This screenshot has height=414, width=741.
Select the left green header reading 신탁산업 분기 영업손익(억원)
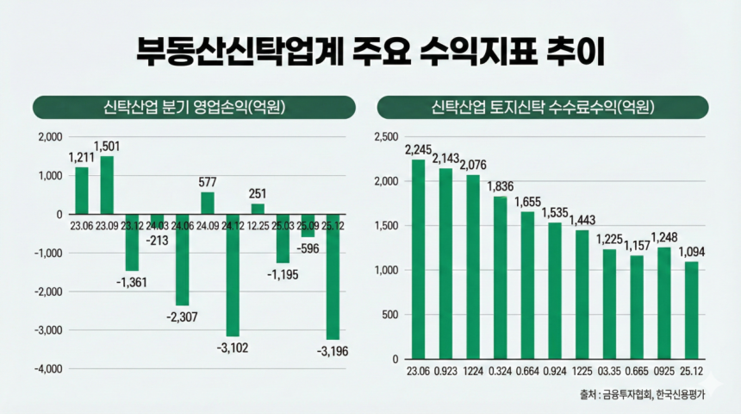pyautogui.click(x=194, y=107)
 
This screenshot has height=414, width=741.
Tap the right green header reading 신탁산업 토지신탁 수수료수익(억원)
pyautogui.click(x=543, y=107)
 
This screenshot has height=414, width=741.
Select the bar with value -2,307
pyautogui.click(x=182, y=259)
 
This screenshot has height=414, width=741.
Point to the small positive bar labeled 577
pyautogui.click(x=208, y=203)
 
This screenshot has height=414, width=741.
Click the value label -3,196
pyautogui.click(x=333, y=351)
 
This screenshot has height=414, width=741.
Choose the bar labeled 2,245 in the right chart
pyautogui.click(x=419, y=259)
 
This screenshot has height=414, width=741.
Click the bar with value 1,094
pyautogui.click(x=691, y=310)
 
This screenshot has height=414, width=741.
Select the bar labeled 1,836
pyautogui.click(x=501, y=277)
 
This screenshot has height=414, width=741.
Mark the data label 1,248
pyautogui.click(x=663, y=237)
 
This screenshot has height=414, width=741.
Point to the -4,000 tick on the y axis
pyautogui.click(x=50, y=368)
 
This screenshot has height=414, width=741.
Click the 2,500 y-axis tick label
pyautogui.click(x=385, y=137)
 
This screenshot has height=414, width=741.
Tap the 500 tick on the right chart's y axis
pyautogui.click(x=390, y=314)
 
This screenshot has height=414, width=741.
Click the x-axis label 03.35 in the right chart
pyautogui.click(x=609, y=373)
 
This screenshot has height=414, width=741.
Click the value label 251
pyautogui.click(x=258, y=193)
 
